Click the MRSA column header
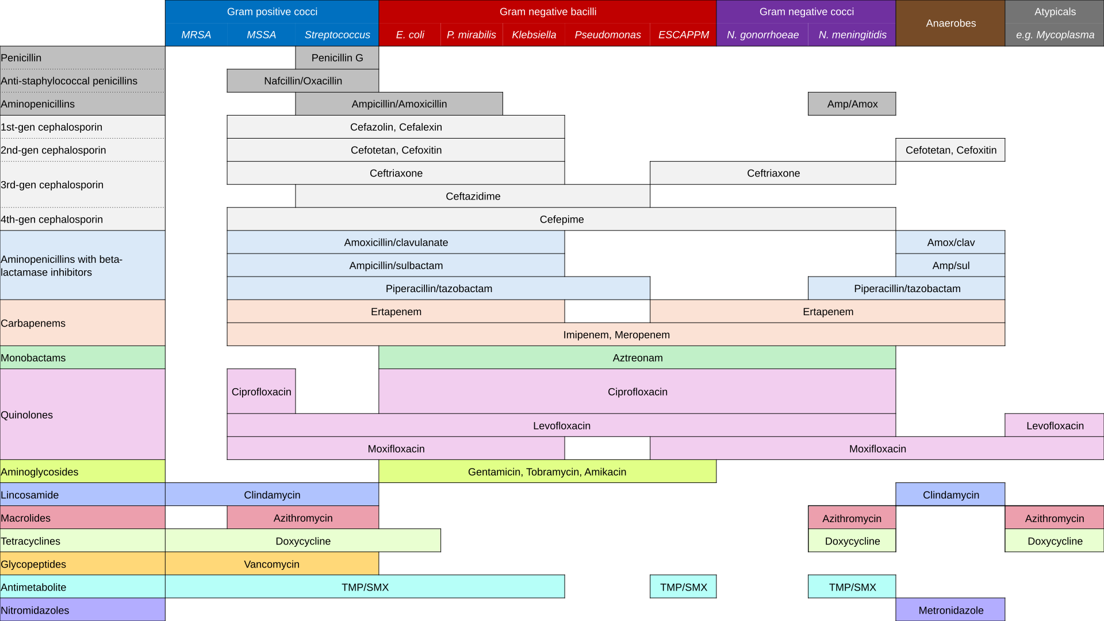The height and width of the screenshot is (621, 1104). (x=196, y=35)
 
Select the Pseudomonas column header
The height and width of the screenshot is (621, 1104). (x=607, y=35)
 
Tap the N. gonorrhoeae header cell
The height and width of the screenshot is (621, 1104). (x=762, y=35)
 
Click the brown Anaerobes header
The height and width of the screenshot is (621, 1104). (x=950, y=24)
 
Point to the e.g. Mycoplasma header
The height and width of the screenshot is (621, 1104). (x=1055, y=35)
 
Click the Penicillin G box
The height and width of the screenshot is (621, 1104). (x=337, y=58)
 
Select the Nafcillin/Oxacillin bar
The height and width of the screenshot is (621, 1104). (x=303, y=81)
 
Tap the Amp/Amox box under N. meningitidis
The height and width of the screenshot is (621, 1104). (x=852, y=104)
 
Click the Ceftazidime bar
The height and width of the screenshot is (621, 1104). (x=473, y=196)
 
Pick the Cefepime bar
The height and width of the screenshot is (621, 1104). (x=561, y=219)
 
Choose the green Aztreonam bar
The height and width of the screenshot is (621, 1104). (x=637, y=358)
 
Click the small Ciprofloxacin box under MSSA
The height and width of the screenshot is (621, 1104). (x=261, y=392)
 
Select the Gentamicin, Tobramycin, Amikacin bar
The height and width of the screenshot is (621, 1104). (x=547, y=471)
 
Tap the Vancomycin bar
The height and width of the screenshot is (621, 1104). (x=271, y=564)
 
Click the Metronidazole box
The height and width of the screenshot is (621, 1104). (x=950, y=610)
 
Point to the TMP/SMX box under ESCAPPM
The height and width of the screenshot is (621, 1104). (x=683, y=587)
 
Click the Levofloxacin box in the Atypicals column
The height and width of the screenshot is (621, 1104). (x=1055, y=425)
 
